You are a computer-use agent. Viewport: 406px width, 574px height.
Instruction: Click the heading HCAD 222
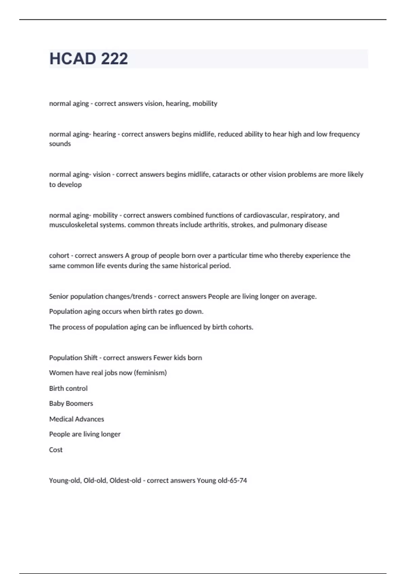(x=89, y=59)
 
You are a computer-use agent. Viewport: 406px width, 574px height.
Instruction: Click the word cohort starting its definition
(x=59, y=256)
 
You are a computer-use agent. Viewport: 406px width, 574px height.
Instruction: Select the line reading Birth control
(x=68, y=388)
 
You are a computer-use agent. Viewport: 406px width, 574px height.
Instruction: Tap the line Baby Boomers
(x=71, y=403)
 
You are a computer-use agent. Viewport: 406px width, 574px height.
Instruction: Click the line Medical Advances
(x=77, y=419)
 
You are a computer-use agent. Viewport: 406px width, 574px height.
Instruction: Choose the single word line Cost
(x=56, y=450)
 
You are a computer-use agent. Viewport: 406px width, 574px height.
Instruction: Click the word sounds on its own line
(x=60, y=144)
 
